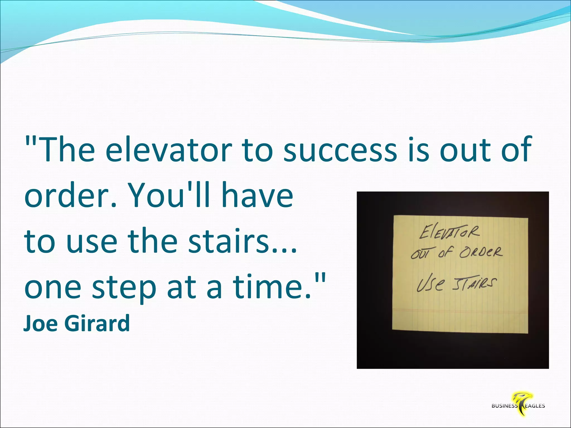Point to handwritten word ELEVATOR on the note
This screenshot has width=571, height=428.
(449, 232)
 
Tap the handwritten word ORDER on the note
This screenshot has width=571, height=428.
(481, 252)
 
